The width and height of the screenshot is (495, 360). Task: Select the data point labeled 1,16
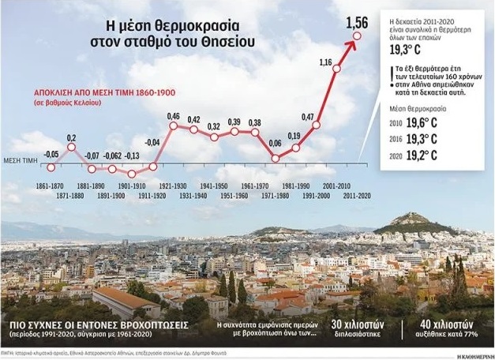(337, 69)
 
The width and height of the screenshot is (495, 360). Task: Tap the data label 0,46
(174, 117)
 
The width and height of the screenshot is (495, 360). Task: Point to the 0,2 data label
(71, 139)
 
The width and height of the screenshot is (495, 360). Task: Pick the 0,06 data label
(275, 143)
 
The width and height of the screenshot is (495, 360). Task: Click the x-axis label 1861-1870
(51, 185)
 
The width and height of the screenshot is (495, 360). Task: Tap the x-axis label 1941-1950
(214, 185)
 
